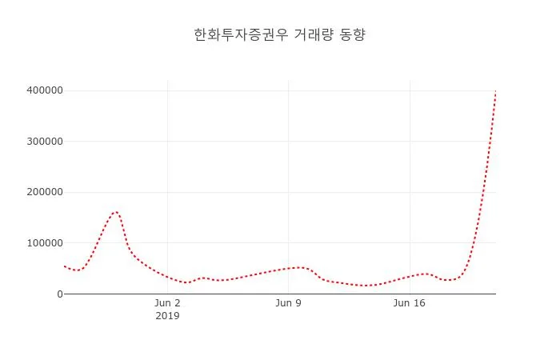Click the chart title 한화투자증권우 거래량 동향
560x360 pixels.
click(x=280, y=35)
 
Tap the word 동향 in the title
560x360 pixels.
click(x=353, y=35)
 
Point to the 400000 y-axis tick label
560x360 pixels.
click(x=44, y=90)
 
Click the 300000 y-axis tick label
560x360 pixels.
click(x=44, y=142)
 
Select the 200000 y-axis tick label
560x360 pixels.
click(x=44, y=192)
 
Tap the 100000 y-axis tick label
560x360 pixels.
click(x=44, y=243)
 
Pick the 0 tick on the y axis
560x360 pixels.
click(x=58, y=294)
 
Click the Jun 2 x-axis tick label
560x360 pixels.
click(x=167, y=303)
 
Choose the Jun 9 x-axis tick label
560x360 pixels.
click(x=289, y=303)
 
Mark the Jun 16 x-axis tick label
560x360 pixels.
click(x=410, y=303)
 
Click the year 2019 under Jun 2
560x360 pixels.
click(x=167, y=316)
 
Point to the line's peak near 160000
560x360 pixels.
click(x=116, y=212)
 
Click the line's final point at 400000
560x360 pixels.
click(x=496, y=91)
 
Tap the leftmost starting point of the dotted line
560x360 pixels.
click(x=64, y=266)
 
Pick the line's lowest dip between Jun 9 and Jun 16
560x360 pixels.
click(x=365, y=286)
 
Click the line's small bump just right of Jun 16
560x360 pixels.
click(x=426, y=274)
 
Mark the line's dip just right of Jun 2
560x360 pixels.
click(x=186, y=282)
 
